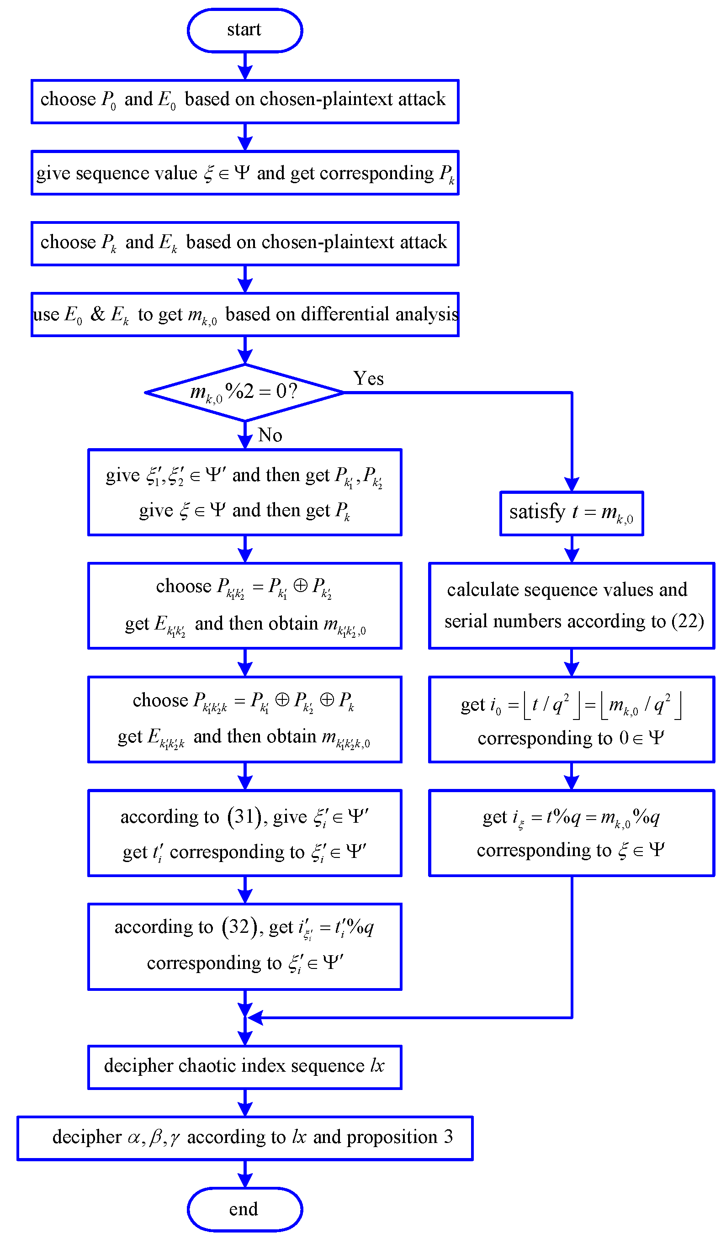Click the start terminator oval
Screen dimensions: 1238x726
click(x=244, y=30)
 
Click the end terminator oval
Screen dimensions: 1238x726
click(x=244, y=1210)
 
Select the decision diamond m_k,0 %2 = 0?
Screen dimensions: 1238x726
click(x=244, y=392)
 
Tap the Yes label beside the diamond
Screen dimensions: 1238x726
click(x=368, y=379)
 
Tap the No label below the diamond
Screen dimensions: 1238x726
click(x=270, y=435)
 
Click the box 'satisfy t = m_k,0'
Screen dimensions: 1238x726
click(x=571, y=513)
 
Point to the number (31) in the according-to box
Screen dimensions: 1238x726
click(x=244, y=816)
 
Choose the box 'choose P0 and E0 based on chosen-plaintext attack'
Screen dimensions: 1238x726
click(x=244, y=101)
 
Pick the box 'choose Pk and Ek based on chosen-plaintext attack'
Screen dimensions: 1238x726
click(x=244, y=243)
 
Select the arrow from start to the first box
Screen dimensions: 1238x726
click(x=244, y=66)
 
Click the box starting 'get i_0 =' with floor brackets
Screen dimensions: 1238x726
click(x=571, y=719)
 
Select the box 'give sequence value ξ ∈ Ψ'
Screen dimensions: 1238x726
click(x=244, y=173)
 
